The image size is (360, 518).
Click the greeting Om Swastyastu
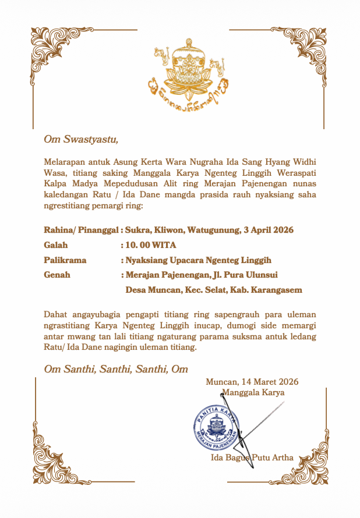pos(81,139)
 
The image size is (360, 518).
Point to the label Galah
pos(56,245)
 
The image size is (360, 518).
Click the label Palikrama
pos(65,260)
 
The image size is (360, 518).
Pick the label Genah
pos(57,275)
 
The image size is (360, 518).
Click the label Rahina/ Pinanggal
pos(82,230)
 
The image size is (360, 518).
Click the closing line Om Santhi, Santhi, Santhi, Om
pos(116,369)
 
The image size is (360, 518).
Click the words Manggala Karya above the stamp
pos(253,392)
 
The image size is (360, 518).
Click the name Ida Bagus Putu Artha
pos(252,457)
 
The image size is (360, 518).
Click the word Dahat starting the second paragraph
pos(55,315)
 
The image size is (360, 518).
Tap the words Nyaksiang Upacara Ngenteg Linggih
pos(199,260)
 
